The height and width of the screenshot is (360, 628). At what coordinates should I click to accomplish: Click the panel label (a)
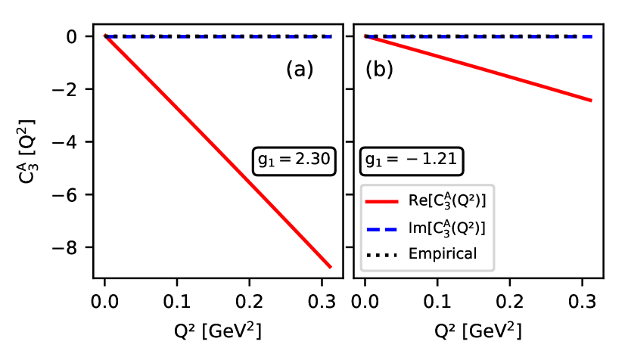pyautogui.click(x=299, y=70)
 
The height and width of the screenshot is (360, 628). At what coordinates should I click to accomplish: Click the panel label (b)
pyautogui.click(x=379, y=70)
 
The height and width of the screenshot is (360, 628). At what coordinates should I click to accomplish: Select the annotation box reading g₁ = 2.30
pyautogui.click(x=294, y=160)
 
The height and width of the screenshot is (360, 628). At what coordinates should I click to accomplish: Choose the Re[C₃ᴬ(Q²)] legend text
pyautogui.click(x=446, y=201)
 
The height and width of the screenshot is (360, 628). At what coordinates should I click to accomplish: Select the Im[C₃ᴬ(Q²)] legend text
pyautogui.click(x=446, y=228)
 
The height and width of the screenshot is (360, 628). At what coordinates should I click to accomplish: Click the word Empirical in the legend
pyautogui.click(x=443, y=254)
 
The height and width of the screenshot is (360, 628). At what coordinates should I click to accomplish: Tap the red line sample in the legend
pyautogui.click(x=382, y=201)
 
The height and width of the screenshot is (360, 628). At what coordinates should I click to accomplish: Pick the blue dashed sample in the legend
pyautogui.click(x=382, y=228)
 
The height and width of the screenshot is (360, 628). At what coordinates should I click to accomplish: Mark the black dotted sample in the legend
pyautogui.click(x=382, y=254)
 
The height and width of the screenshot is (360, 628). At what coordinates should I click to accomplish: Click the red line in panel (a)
pyautogui.click(x=218, y=151)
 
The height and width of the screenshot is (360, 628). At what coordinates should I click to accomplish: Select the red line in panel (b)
pyautogui.click(x=478, y=68)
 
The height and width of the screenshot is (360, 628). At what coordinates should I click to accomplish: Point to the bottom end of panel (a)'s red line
pyautogui.click(x=331, y=266)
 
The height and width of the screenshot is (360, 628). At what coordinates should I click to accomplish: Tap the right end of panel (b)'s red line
pyautogui.click(x=590, y=100)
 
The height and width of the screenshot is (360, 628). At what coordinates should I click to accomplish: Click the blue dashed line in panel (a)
pyautogui.click(x=219, y=36)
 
